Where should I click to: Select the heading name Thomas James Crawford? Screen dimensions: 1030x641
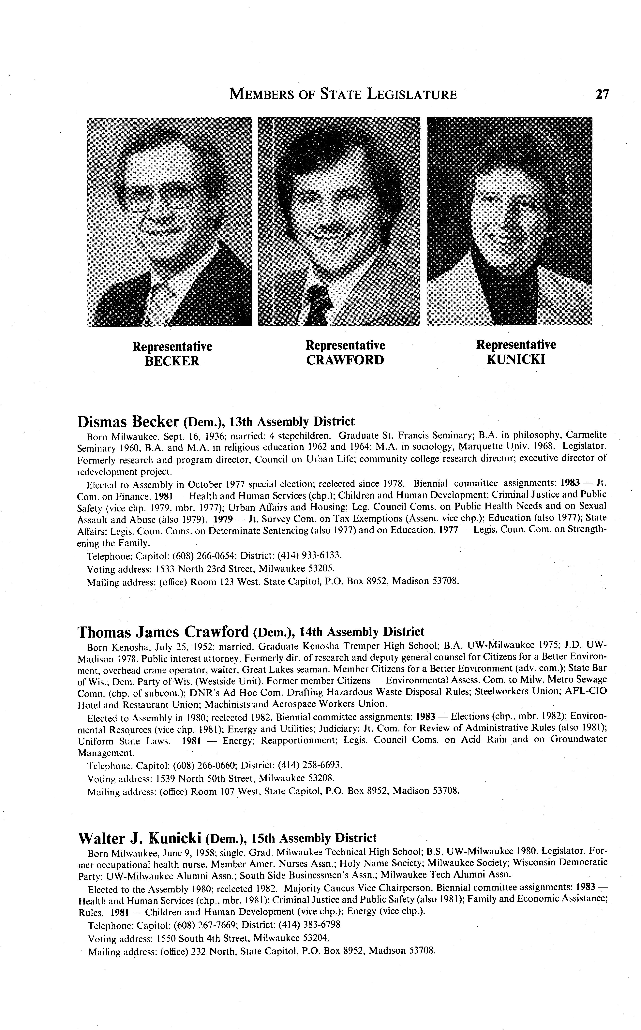pyautogui.click(x=163, y=632)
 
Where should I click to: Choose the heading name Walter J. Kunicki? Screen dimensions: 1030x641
pyautogui.click(x=140, y=838)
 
